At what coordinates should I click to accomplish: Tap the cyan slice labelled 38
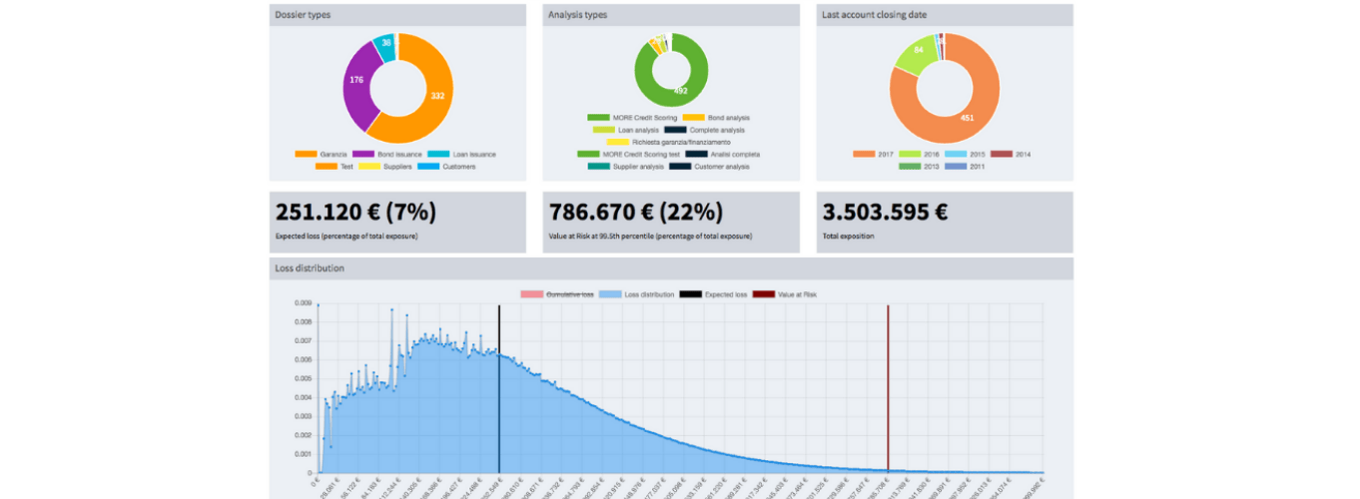(x=385, y=44)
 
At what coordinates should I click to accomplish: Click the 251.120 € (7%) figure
(x=354, y=213)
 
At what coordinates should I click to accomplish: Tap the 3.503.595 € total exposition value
(x=885, y=213)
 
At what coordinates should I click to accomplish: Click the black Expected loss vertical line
(x=499, y=399)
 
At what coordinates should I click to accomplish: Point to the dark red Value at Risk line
(x=888, y=399)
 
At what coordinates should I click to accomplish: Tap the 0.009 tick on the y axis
(x=302, y=302)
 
